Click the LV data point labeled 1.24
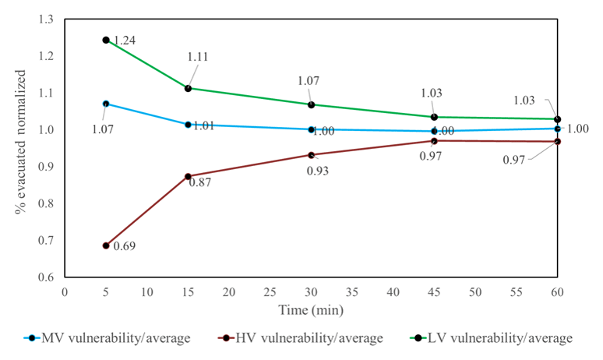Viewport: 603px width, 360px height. [x=106, y=40]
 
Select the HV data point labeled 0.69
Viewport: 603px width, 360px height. [x=106, y=245]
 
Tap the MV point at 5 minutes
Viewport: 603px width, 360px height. [x=106, y=103]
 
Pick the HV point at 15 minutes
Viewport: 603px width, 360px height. [x=188, y=176]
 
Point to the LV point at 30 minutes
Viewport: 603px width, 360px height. [x=312, y=104]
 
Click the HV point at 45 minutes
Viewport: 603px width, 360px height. [x=434, y=140]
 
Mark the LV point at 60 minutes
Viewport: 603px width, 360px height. [x=558, y=119]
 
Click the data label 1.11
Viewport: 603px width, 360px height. [x=199, y=57]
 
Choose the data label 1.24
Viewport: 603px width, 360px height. [x=125, y=41]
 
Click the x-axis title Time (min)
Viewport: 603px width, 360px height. [x=312, y=309]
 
